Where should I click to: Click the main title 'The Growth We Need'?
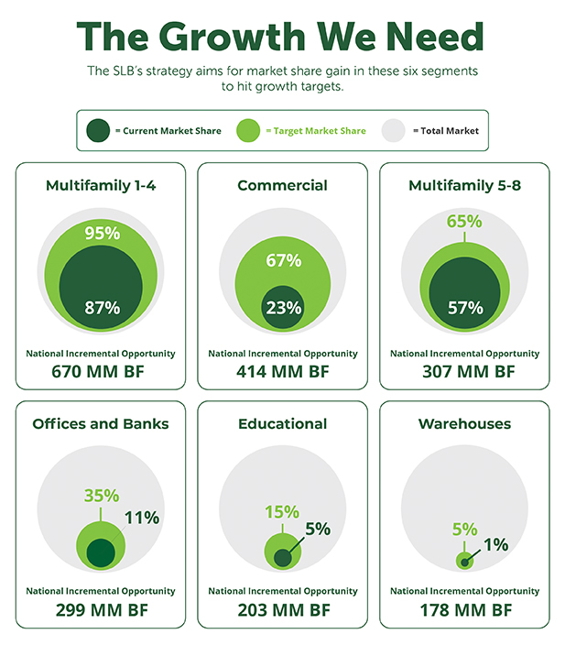282,37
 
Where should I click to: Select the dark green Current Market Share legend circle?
96,131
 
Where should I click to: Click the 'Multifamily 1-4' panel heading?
100,186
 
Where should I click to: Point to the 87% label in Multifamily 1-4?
101,308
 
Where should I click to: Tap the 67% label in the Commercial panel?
282,260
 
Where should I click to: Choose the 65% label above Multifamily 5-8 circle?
464,222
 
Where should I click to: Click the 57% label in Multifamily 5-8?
464,308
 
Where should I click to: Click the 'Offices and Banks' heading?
100,424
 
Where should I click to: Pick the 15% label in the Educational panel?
282,511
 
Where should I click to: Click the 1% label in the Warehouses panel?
494,544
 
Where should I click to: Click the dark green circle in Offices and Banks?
100,553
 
